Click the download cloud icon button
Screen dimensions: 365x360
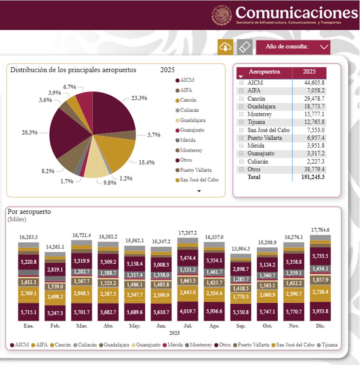[225, 47]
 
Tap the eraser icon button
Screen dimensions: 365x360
[244, 47]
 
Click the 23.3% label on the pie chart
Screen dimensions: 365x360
[139, 98]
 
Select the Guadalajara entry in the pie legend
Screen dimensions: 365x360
[192, 120]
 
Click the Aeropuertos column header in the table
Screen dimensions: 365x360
[264, 72]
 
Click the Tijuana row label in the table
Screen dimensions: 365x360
[257, 122]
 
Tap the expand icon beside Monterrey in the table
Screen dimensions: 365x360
[241, 114]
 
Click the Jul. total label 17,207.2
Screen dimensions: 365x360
[187, 233]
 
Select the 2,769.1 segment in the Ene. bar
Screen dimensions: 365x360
[28, 293]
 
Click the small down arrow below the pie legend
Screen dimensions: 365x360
[199, 191]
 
